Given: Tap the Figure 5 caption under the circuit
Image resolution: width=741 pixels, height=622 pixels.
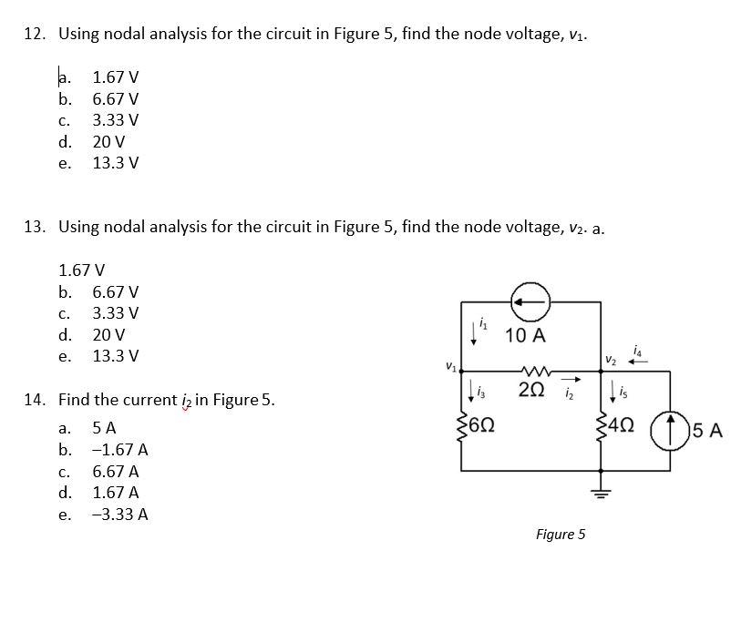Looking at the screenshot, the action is (x=561, y=535).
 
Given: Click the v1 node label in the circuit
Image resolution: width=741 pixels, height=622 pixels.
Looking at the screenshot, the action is (x=451, y=366).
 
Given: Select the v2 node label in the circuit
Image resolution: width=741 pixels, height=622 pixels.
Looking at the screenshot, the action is (x=611, y=362).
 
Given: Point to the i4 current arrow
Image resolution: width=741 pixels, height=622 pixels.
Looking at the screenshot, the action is (x=638, y=362).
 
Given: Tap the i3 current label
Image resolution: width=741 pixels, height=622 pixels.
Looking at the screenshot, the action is (x=481, y=392).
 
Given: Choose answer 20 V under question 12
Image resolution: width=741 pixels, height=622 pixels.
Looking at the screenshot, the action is (x=108, y=141).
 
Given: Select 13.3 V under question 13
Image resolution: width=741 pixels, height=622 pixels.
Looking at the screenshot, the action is (x=116, y=356).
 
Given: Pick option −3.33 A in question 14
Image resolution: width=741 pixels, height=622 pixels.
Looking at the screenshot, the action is (x=120, y=514).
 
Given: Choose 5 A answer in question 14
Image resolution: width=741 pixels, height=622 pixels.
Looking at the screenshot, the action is (x=104, y=428).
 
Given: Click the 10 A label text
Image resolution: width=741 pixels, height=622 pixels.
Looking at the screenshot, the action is (x=526, y=336).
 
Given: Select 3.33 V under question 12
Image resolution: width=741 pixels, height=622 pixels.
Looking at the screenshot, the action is (x=116, y=120).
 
